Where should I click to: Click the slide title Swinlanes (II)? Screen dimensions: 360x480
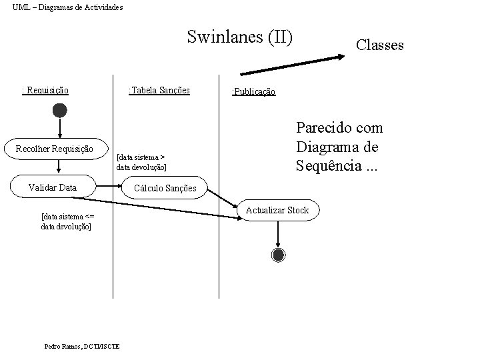pyautogui.click(x=240, y=36)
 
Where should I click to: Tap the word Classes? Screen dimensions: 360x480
pyautogui.click(x=379, y=45)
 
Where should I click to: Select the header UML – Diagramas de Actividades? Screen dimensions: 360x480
pyautogui.click(x=67, y=7)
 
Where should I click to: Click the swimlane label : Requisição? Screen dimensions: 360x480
pyautogui.click(x=46, y=90)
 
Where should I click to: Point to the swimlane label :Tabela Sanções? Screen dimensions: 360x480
pyautogui.click(x=159, y=90)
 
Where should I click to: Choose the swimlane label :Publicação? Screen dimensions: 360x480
pyautogui.click(x=253, y=91)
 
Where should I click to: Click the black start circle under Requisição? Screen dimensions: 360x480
pyautogui.click(x=60, y=110)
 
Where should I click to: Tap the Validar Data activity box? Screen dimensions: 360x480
pyautogui.click(x=53, y=188)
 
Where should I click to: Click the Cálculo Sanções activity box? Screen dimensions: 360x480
pyautogui.click(x=165, y=189)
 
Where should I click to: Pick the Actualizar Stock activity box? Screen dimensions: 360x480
pyautogui.click(x=277, y=211)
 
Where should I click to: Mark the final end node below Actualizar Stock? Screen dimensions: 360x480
pyautogui.click(x=278, y=254)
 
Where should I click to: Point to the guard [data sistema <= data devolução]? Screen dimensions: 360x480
pyautogui.click(x=66, y=221)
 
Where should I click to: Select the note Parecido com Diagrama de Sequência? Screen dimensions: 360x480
pyautogui.click(x=339, y=146)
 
